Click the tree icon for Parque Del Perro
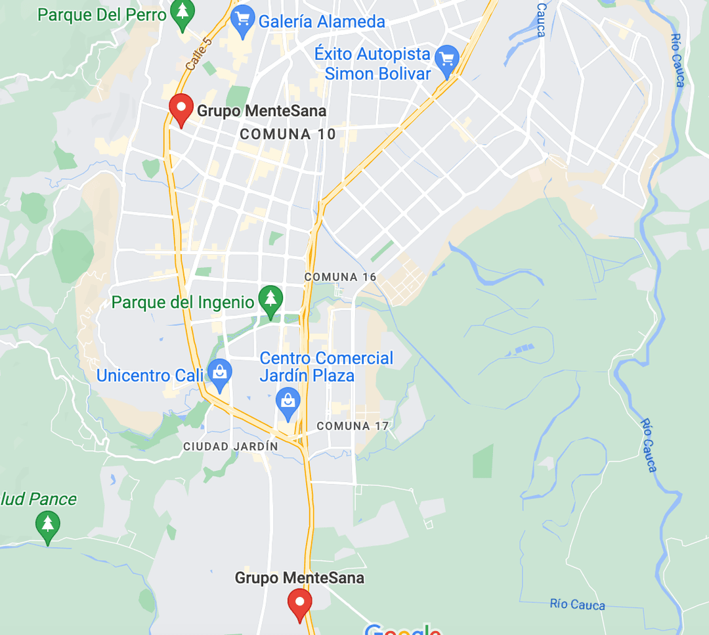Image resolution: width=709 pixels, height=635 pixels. (x=183, y=12)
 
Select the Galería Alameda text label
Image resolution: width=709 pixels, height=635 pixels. (x=322, y=22)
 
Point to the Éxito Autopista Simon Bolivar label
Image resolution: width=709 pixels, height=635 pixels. (x=373, y=64)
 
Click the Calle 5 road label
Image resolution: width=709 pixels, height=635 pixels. (x=198, y=54)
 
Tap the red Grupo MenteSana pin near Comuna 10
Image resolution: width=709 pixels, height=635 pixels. (x=181, y=108)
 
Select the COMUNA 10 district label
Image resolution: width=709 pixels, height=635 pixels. (x=288, y=135)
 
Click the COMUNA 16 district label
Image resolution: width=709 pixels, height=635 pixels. (x=340, y=277)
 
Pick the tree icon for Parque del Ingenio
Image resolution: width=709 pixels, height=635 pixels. (x=270, y=299)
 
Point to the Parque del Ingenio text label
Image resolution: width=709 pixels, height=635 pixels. (x=183, y=303)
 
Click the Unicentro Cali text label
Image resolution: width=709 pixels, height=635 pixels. (x=150, y=376)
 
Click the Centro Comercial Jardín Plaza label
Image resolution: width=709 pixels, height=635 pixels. (x=326, y=367)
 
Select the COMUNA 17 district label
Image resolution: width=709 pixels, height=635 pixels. (x=353, y=426)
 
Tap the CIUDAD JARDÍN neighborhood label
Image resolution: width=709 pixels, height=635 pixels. (x=230, y=447)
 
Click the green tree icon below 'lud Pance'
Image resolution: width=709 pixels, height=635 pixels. (x=47, y=525)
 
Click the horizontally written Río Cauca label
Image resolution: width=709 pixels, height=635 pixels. (x=578, y=605)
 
